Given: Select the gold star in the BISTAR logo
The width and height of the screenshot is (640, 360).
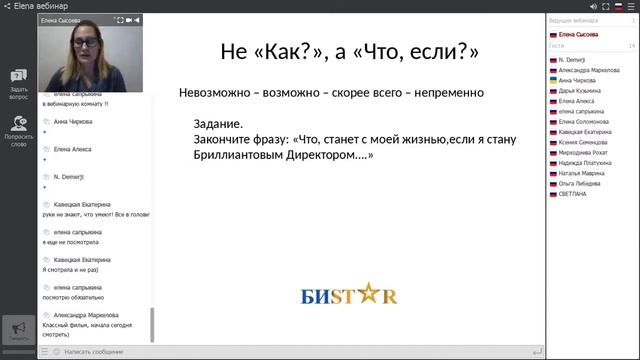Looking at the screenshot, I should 361,295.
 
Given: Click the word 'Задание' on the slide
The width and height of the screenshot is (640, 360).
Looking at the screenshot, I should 216,123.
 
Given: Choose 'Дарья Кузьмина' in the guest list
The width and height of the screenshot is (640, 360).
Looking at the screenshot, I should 581,90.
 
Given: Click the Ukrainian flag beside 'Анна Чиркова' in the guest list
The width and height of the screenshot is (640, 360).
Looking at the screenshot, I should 553,80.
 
